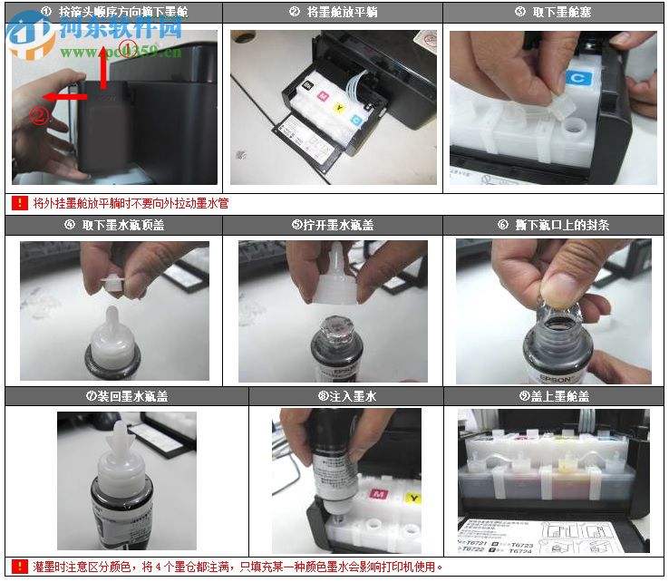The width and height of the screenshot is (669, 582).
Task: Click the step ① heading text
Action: (x=115, y=12)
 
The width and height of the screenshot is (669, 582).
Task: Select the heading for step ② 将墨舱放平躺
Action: (x=333, y=12)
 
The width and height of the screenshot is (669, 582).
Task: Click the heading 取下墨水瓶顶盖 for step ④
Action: (x=115, y=225)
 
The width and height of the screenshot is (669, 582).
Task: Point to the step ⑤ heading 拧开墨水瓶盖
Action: (x=333, y=225)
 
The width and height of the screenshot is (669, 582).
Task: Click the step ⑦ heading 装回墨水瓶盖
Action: (x=127, y=396)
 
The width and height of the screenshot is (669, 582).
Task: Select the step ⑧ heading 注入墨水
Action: (x=346, y=396)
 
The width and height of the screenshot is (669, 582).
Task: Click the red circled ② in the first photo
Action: (x=38, y=115)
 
